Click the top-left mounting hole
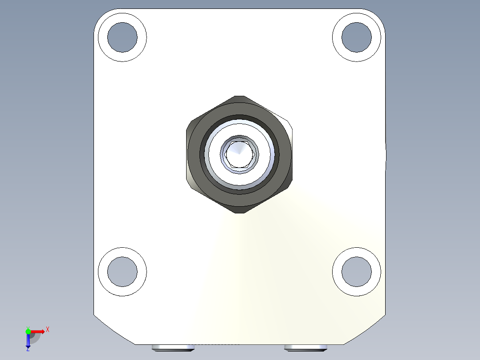(x=122, y=37)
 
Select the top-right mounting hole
(x=356, y=37)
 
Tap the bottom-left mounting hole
(x=122, y=271)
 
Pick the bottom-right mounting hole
(x=356, y=271)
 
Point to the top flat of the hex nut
(x=240, y=97)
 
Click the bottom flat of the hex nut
(x=240, y=212)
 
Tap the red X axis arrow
(x=38, y=331)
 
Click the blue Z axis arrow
(x=28, y=341)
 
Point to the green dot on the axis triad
(x=28, y=331)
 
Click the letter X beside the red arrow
(x=47, y=330)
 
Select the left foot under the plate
(x=173, y=348)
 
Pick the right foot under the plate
(x=306, y=348)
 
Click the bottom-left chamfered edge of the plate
(x=114, y=330)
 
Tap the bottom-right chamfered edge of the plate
(x=365, y=330)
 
